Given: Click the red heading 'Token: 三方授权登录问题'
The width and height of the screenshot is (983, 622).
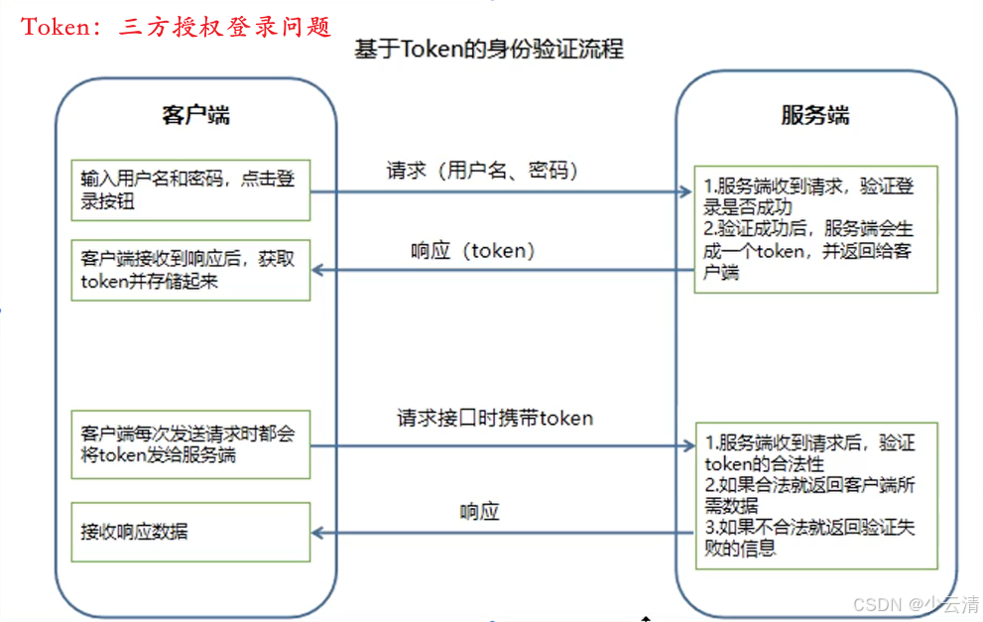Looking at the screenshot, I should tap(177, 26).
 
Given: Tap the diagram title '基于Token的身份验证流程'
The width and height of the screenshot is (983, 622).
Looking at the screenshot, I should tap(489, 49).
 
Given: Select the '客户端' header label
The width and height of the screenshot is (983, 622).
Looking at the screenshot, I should tap(195, 114).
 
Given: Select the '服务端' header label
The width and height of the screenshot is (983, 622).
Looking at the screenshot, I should tap(815, 114).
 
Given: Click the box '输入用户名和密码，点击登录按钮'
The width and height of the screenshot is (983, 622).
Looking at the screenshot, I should tap(189, 189).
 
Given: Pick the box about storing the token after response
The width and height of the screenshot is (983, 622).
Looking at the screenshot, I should tap(189, 269).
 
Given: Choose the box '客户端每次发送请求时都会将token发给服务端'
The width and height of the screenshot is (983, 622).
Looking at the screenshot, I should tap(189, 445).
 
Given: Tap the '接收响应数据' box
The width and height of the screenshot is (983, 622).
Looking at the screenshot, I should tap(189, 532).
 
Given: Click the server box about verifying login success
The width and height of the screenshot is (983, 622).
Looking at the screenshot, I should tap(815, 228).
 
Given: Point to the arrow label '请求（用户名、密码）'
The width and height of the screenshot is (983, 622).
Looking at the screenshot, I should tap(482, 170).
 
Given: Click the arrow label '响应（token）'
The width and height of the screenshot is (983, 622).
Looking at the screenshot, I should tap(474, 251).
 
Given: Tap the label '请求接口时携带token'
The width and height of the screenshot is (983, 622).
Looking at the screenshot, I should tap(494, 418).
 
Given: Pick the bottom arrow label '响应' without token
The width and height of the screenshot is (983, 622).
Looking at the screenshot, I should tap(479, 512).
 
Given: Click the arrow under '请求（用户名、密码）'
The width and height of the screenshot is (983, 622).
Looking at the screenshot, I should tap(502, 191).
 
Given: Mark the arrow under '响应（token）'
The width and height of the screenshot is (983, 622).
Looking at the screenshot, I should tap(502, 270).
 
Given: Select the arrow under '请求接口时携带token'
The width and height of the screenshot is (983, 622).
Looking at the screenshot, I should tap(502, 447).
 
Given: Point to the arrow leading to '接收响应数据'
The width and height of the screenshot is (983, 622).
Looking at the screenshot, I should tap(502, 534).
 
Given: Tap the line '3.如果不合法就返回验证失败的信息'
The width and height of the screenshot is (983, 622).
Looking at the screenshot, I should tap(809, 537).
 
